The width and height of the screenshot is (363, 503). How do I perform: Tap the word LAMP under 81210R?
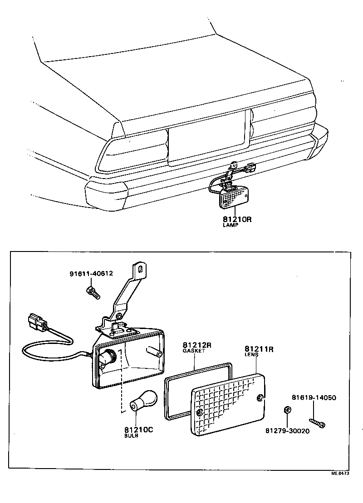click(230, 226)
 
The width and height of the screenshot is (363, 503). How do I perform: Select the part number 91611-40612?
click(91, 273)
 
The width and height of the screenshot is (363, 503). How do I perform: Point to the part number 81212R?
click(197, 345)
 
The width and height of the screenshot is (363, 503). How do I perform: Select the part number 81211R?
click(259, 349)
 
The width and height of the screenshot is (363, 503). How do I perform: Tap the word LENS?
click(251, 355)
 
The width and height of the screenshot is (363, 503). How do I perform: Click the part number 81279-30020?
click(287, 431)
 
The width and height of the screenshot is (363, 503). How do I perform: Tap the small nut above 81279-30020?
click(287, 410)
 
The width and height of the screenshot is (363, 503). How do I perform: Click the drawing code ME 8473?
click(340, 473)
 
